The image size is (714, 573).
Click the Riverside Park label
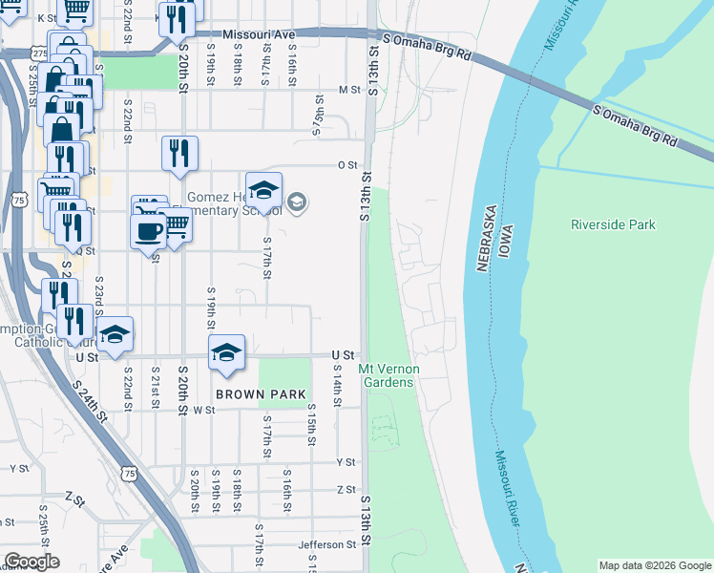point(613,224)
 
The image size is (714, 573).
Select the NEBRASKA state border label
point(484,239)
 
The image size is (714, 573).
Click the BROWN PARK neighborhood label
point(260,393)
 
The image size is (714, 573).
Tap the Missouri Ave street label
point(260,34)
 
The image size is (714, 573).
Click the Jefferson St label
point(325,544)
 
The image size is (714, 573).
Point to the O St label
point(347,164)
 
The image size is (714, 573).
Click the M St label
point(347,90)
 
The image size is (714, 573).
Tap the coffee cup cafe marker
point(148,232)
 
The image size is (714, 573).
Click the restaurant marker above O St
point(179,152)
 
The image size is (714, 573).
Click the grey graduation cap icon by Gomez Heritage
point(296,201)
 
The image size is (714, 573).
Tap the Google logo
point(31,562)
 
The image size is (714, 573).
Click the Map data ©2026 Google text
point(654,565)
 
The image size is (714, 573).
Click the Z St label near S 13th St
point(346,489)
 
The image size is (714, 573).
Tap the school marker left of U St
point(115,334)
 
